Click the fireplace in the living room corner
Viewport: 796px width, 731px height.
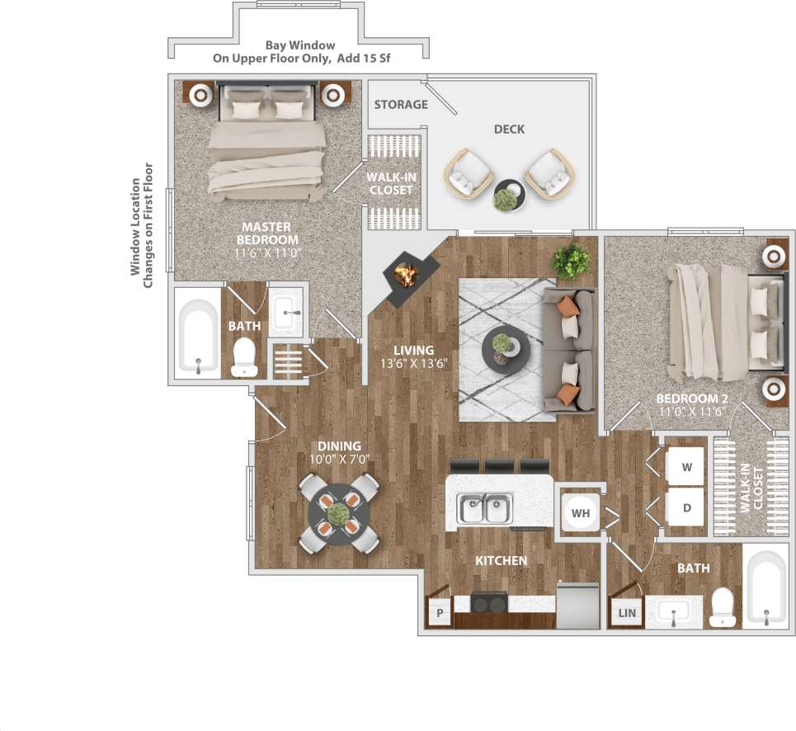pos(404,274)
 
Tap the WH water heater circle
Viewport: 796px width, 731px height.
pos(582,513)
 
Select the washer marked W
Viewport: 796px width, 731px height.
pos(685,467)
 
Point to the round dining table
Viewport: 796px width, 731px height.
pos(338,514)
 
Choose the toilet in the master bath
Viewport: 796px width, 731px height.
pos(245,357)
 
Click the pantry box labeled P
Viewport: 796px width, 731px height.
pos(440,613)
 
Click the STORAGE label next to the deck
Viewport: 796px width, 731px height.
pos(401,105)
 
